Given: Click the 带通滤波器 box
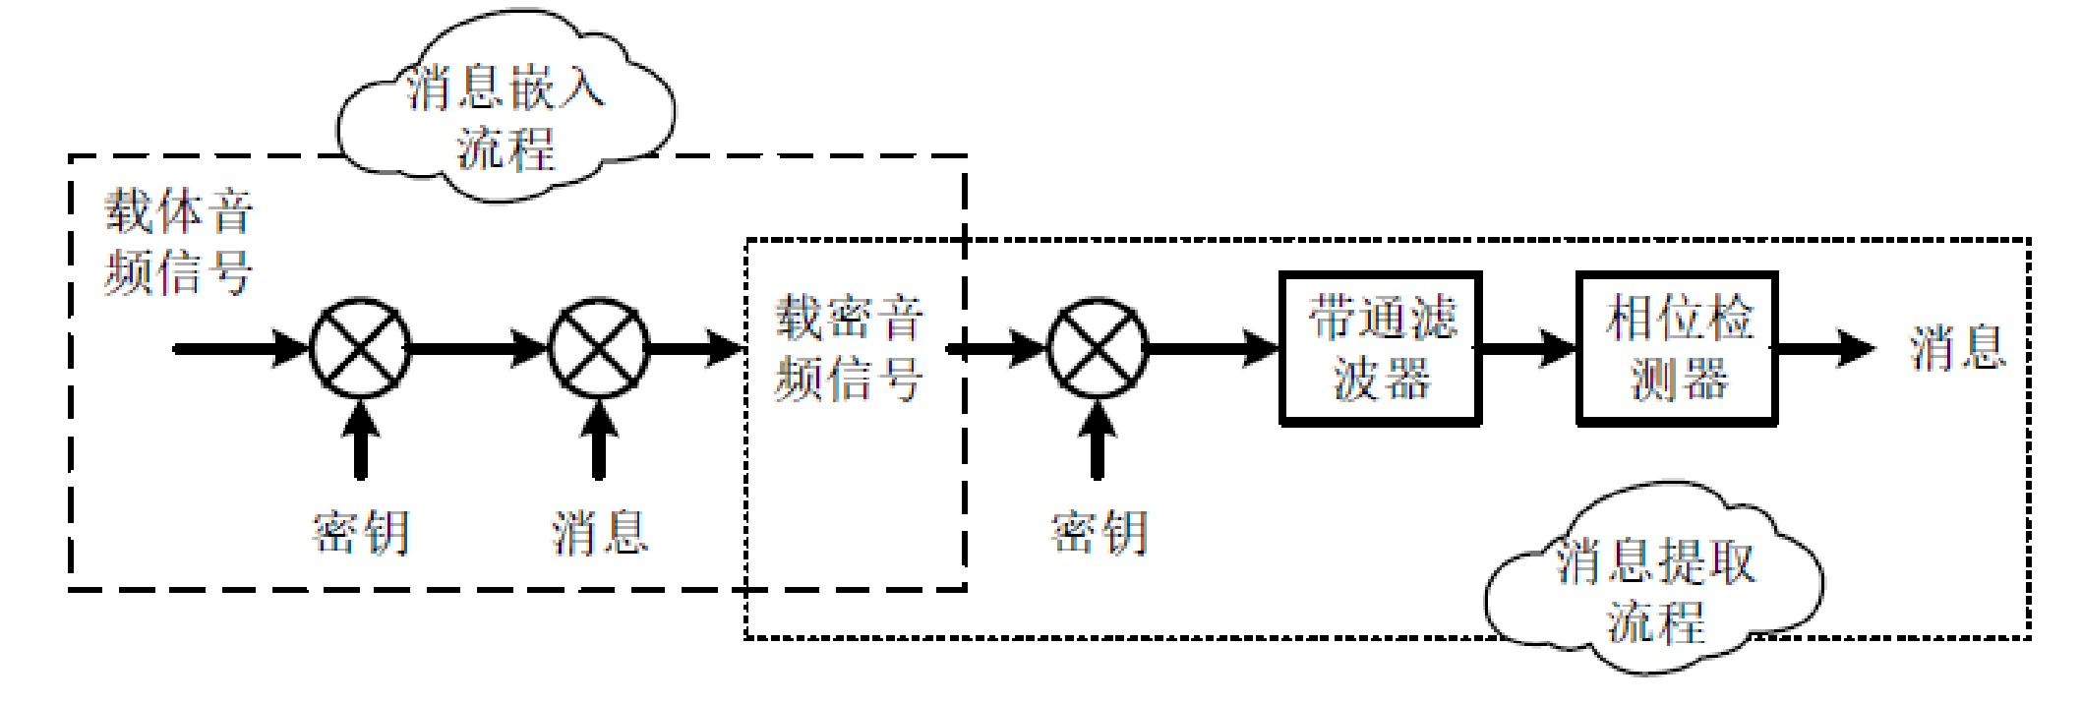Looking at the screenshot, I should [1380, 349].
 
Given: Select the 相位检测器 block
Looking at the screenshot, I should [1677, 349].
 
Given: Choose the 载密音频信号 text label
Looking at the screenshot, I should [849, 348].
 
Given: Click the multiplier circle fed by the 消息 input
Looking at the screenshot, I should [598, 348].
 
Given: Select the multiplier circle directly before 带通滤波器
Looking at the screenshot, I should [1098, 348].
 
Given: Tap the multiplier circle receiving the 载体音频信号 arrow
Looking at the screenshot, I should [360, 348].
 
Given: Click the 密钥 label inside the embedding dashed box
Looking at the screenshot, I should [360, 532].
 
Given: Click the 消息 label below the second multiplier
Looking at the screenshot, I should [599, 532].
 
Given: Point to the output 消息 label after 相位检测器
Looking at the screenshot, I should [1957, 348].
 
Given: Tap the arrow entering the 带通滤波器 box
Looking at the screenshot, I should [1215, 348].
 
